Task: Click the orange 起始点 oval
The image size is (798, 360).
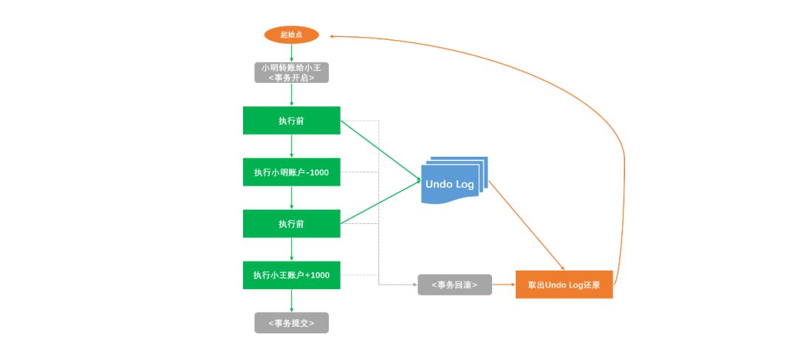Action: [291, 34]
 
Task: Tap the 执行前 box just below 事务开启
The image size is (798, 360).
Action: [291, 120]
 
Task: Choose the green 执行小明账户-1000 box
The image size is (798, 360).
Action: [291, 172]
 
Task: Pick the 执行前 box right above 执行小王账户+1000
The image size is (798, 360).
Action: [291, 223]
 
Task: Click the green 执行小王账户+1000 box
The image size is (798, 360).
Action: [291, 275]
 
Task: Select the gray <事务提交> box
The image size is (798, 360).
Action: [291, 323]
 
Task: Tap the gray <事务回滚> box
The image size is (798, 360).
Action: [454, 285]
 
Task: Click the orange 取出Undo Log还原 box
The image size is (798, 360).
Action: [564, 285]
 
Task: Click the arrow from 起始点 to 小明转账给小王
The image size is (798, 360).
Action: [291, 52]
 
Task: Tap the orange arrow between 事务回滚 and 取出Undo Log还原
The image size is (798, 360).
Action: [503, 285]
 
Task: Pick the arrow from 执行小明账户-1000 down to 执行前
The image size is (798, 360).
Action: [291, 197]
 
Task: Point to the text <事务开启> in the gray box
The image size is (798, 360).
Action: [291, 77]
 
